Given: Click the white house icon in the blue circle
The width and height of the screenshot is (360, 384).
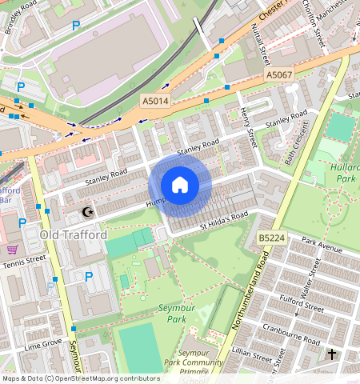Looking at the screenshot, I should [x=180, y=186].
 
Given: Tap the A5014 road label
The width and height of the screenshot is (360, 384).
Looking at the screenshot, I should [x=155, y=101].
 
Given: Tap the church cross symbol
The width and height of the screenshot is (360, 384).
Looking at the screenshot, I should [x=332, y=353].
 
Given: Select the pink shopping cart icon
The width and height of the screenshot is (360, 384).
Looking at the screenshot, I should [x=12, y=250].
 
